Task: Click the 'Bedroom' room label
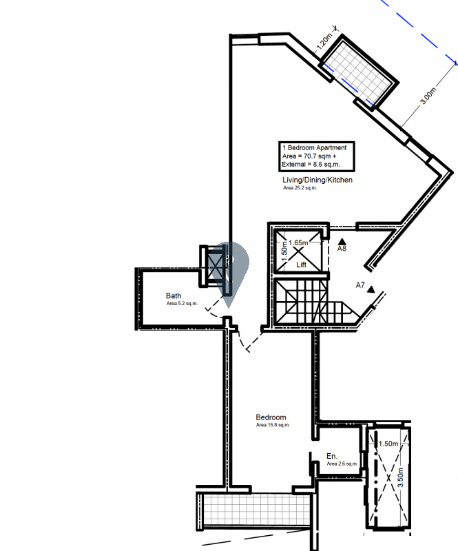tap(271, 417)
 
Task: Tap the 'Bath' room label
tap(174, 295)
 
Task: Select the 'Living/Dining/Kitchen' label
tap(318, 180)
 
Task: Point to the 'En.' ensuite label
tap(332, 456)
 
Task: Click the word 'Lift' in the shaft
tap(301, 264)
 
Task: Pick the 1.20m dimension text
tap(324, 41)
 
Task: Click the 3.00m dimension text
tap(428, 96)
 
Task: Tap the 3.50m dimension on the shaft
tap(400, 477)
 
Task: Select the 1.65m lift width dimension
tap(298, 243)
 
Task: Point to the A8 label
tap(342, 249)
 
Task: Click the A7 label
tap(360, 285)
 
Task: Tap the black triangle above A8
tap(342, 242)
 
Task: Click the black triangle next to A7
tap(371, 289)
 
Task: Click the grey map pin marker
tap(230, 267)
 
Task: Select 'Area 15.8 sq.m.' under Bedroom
tap(273, 425)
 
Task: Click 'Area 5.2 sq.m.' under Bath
tap(182, 303)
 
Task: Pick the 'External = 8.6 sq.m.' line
tap(311, 165)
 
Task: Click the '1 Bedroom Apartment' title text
tap(315, 147)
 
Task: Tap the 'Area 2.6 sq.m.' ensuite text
tap(342, 464)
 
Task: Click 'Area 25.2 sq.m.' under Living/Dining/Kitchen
tap(300, 188)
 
